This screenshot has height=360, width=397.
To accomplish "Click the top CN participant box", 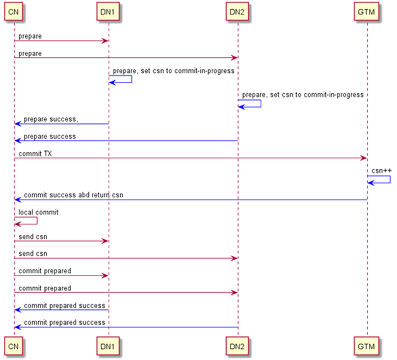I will [14, 12].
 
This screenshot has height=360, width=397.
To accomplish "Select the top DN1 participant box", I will [108, 12].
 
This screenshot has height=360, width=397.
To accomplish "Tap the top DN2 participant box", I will [238, 12].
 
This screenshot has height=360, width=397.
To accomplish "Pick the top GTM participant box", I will [367, 12].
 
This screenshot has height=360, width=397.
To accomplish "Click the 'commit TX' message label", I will [35, 154].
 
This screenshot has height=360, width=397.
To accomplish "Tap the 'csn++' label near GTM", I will [381, 171].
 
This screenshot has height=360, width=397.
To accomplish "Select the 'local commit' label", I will [39, 212].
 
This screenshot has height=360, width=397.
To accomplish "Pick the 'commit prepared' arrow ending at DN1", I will [61, 275].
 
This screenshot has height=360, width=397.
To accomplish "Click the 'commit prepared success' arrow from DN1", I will [61, 310].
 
